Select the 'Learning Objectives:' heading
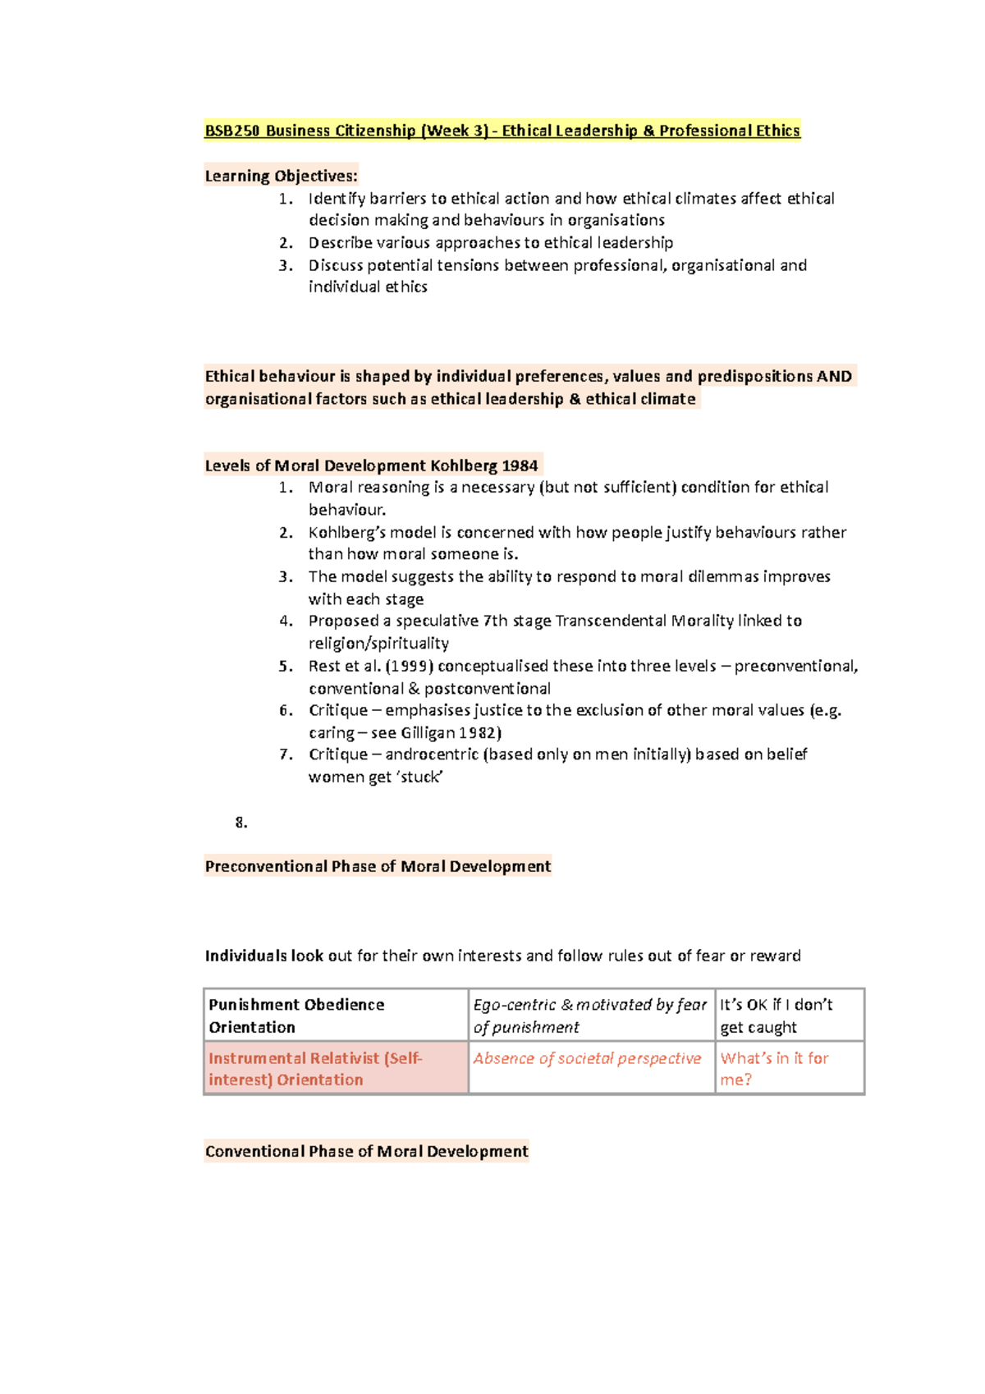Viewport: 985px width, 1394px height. (x=281, y=176)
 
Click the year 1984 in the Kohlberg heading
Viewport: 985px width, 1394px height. (x=520, y=465)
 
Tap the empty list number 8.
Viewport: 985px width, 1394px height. (x=241, y=823)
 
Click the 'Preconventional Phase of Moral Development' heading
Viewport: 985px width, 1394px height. (x=378, y=866)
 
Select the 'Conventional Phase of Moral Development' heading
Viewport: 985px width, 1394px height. (x=366, y=1151)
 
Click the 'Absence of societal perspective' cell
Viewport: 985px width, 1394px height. (x=587, y=1058)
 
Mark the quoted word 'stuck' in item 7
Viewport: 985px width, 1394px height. (x=420, y=777)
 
